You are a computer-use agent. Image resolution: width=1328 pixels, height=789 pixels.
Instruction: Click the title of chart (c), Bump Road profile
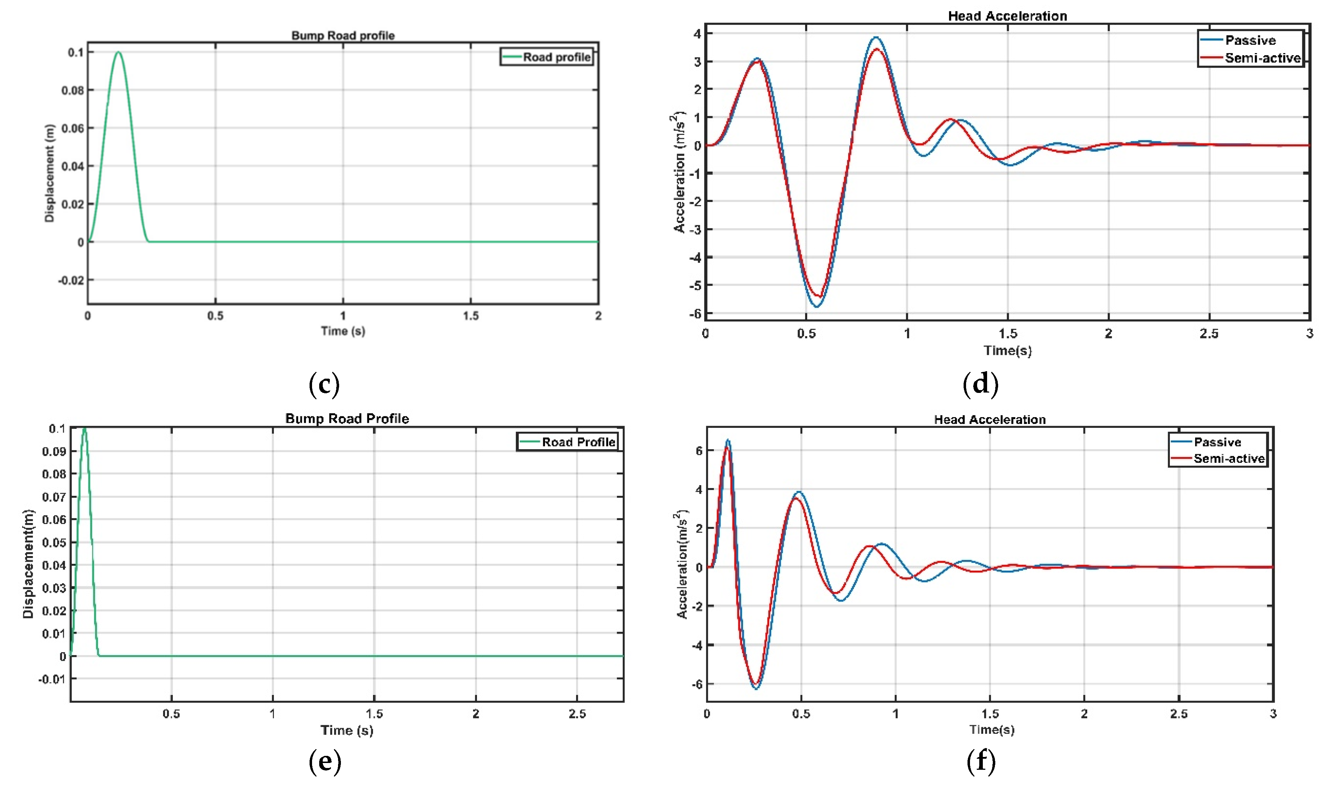pyautogui.click(x=343, y=36)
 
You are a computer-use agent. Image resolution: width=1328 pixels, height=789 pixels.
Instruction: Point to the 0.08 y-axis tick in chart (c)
pyautogui.click(x=73, y=90)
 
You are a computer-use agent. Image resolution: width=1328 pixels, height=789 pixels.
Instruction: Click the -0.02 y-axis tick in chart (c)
pyautogui.click(x=71, y=280)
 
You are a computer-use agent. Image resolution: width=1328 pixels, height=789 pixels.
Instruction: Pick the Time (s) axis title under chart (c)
pyautogui.click(x=343, y=331)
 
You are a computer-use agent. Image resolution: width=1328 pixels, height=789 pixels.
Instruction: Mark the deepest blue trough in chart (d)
pyautogui.click(x=816, y=307)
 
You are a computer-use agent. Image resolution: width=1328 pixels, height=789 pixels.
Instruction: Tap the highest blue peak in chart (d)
pyautogui.click(x=876, y=37)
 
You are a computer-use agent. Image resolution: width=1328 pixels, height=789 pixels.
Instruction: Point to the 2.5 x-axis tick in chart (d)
pyautogui.click(x=1209, y=334)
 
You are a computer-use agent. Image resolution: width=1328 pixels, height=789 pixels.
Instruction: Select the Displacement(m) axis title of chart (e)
pyautogui.click(x=28, y=564)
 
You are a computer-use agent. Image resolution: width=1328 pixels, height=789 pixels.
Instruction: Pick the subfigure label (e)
pyautogui.click(x=324, y=761)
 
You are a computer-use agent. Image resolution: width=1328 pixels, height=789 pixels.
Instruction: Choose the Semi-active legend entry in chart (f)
pyautogui.click(x=1228, y=458)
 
